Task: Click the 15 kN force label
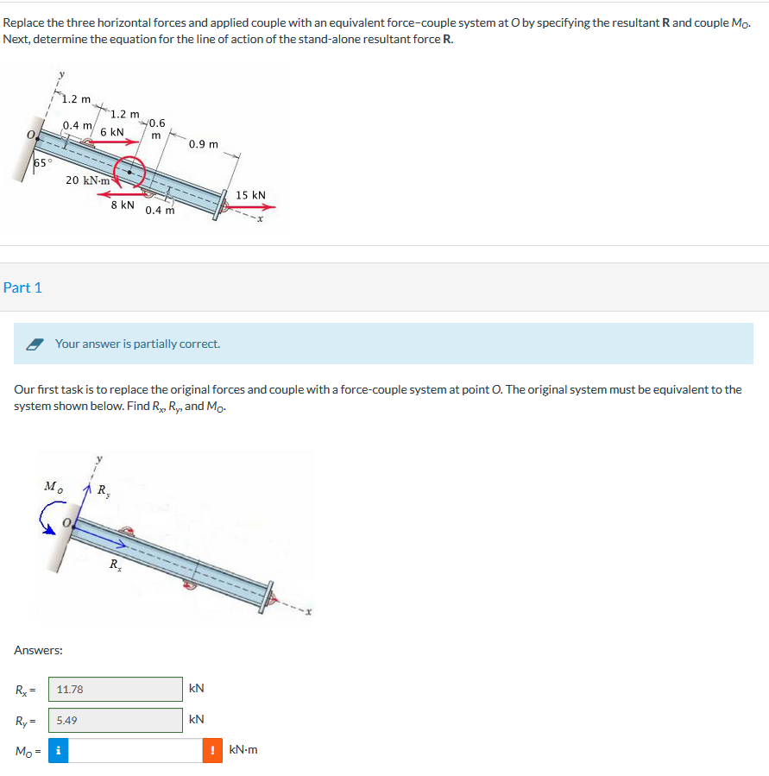point(251,195)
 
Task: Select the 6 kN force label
point(112,132)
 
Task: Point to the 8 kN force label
point(123,205)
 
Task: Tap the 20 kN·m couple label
point(88,180)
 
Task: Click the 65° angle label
point(43,162)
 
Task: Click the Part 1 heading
point(22,287)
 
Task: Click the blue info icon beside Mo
point(57,750)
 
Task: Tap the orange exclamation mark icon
point(212,750)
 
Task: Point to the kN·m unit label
point(243,750)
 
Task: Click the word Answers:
point(38,650)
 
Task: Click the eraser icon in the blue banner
point(35,344)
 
